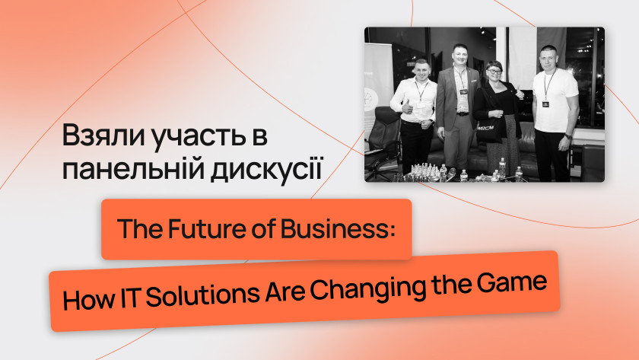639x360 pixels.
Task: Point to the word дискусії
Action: coord(266,169)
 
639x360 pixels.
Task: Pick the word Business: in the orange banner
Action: coord(338,229)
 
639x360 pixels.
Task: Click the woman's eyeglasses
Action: coord(494,72)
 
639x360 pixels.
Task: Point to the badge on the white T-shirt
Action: coord(545,104)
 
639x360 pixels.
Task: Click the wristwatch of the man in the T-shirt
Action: coord(567,136)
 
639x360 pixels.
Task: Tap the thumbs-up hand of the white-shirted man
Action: coord(407,107)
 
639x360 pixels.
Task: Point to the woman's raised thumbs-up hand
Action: coord(519,93)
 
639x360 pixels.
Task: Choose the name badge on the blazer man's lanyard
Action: coord(464,92)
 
